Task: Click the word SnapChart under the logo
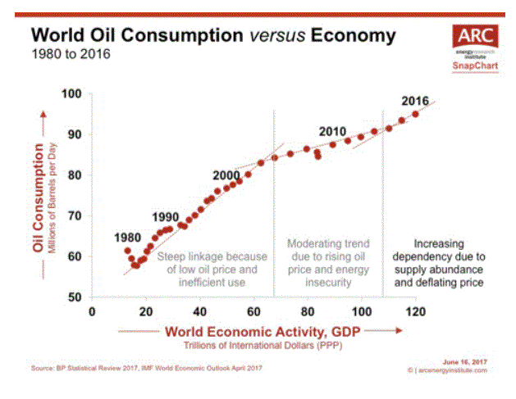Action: click(470, 69)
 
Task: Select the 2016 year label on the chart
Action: click(415, 101)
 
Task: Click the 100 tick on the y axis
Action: click(72, 94)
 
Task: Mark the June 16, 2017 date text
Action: click(465, 360)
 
